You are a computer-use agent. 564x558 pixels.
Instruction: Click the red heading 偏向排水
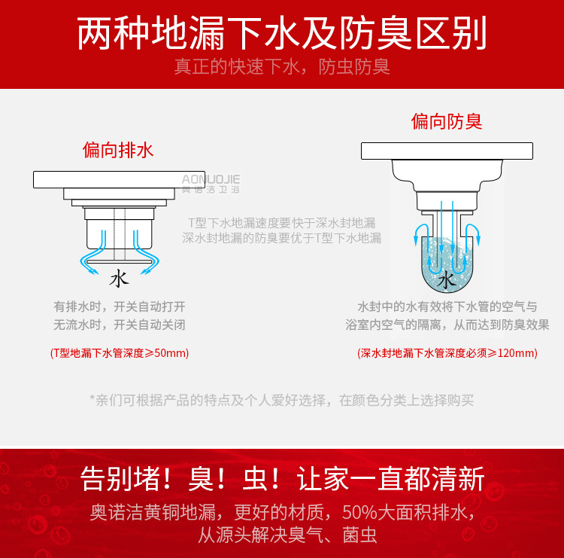coord(118,150)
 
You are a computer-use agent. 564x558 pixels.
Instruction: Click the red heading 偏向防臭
coord(447,121)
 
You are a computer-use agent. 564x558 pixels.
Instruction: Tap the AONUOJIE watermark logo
coord(211,184)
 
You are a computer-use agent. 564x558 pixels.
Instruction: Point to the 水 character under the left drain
coord(119,279)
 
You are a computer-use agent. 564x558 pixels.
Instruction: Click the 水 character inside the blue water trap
coord(447,280)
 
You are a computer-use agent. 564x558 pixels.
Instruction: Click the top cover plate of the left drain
coord(119,179)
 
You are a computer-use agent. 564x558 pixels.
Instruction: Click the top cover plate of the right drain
coord(447,151)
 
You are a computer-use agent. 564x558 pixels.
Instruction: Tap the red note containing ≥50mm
coord(120,352)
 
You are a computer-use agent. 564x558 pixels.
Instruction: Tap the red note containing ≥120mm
coord(447,352)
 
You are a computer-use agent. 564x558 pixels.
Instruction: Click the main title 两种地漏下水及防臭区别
coord(282,33)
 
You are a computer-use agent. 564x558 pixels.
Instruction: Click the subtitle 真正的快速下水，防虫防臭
coord(282,67)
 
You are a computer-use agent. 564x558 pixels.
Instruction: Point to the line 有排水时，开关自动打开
coord(120,306)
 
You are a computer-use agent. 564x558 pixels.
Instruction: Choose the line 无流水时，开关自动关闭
coord(120,325)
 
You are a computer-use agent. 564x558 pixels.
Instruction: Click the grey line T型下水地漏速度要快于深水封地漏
coord(282,223)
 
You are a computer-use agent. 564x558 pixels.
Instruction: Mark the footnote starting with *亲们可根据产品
coord(282,400)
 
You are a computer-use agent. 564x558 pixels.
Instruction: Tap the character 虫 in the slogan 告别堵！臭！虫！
coord(256,478)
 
